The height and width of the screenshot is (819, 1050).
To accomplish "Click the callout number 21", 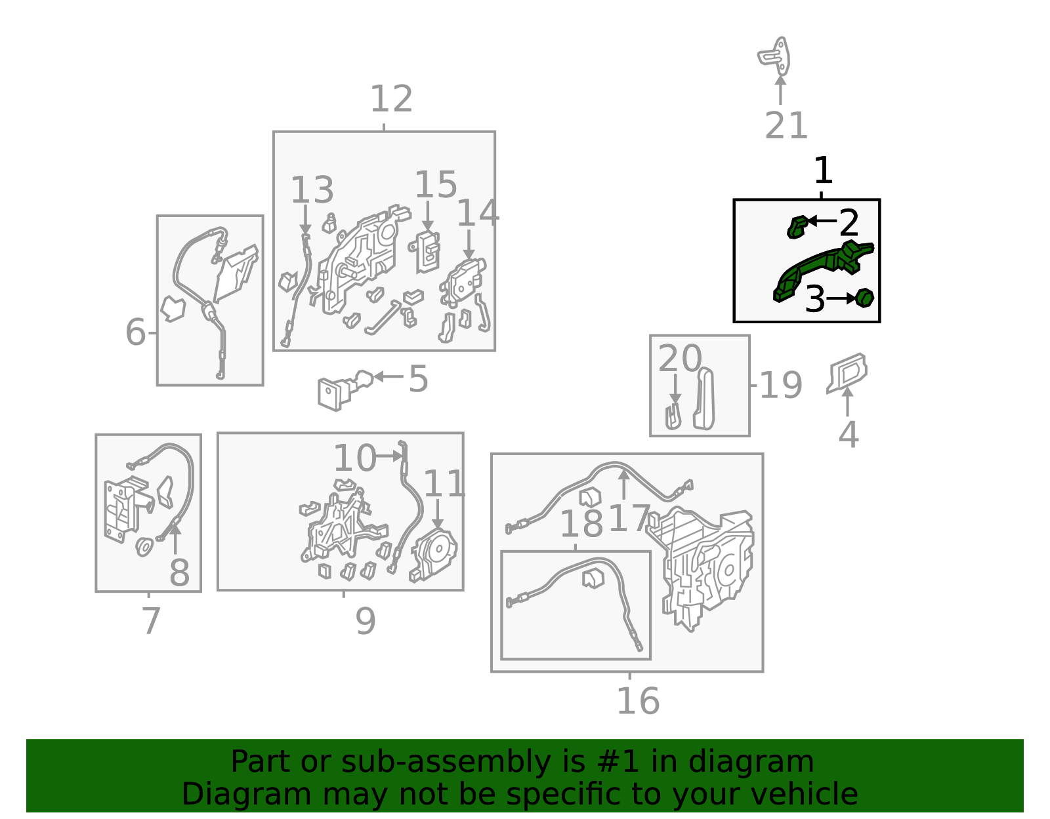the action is point(786,125).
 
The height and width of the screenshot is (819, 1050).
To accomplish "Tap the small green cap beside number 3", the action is point(864,298).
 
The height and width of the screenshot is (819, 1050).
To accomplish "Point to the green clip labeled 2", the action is point(797,227).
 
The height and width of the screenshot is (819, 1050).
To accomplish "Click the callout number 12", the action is point(391,99).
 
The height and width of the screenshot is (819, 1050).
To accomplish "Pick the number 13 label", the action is point(312,190).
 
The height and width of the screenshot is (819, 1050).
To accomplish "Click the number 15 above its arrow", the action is point(435,184).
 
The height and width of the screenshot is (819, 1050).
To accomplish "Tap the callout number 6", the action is point(135,332).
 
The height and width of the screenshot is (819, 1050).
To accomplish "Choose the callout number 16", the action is point(638,701).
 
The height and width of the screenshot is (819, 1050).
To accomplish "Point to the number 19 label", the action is point(781,385).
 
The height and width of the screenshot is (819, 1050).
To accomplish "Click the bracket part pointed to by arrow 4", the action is point(847,373).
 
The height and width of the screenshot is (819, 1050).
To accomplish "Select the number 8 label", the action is point(179,573).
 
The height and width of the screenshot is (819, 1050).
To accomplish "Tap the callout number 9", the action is point(366,621).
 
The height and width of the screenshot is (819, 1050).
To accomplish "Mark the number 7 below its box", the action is point(151,621).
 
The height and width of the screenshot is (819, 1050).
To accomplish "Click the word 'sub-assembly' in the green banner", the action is point(446,762).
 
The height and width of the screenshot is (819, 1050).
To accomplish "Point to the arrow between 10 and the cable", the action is point(388,456).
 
